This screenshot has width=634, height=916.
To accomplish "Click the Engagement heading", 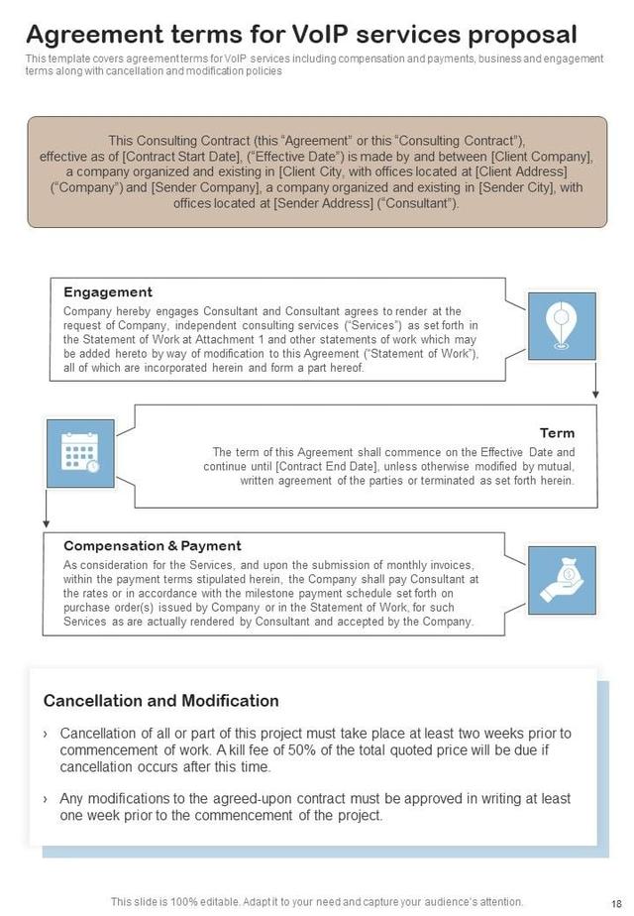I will click(107, 292).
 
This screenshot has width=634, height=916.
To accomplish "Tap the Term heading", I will click(557, 433).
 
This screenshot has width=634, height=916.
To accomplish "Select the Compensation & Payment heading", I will click(152, 546).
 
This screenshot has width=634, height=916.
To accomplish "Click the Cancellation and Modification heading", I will click(160, 701).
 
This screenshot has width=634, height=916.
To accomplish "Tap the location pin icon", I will click(562, 325).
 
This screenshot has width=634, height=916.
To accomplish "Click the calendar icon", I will click(79, 453).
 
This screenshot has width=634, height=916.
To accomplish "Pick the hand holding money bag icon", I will click(562, 580).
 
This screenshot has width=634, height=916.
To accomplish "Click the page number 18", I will click(617, 901).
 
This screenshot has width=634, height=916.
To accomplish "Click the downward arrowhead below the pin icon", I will click(595, 394).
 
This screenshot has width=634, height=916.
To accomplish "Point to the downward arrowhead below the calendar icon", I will click(46, 522).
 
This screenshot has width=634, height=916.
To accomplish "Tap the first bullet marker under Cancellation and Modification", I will click(47, 734).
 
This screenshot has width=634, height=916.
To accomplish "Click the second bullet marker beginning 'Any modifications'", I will click(47, 799).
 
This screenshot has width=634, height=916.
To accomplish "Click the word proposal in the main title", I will click(521, 35).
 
